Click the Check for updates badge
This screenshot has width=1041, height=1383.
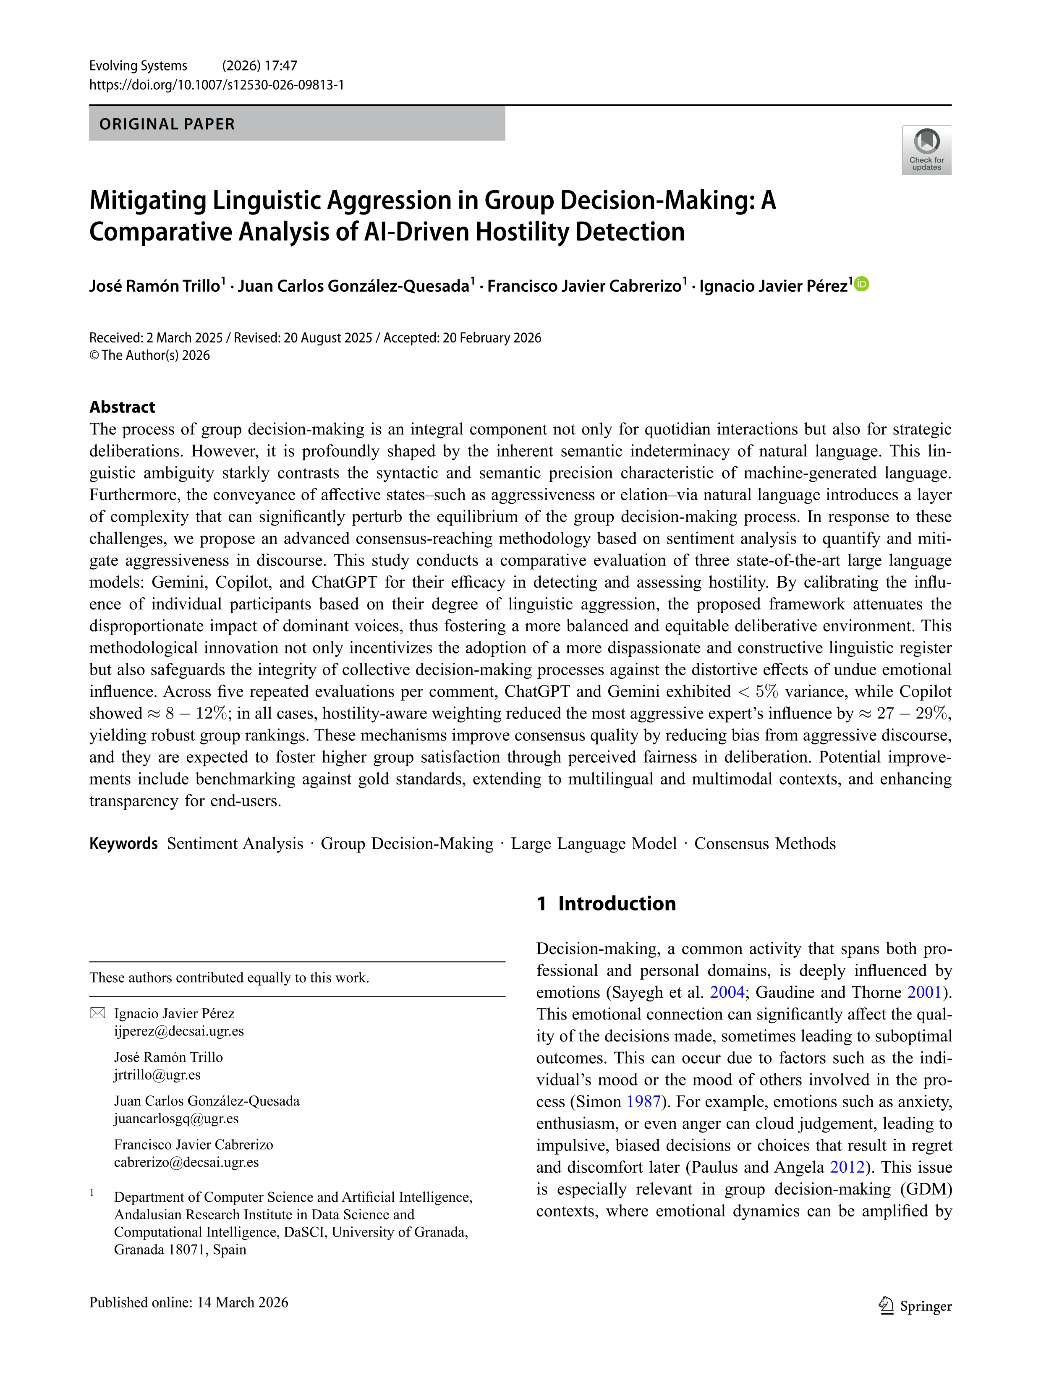(x=926, y=150)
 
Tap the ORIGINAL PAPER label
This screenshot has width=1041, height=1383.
(x=167, y=124)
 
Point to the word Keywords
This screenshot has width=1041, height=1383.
(x=123, y=843)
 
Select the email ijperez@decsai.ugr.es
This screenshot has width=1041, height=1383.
(x=179, y=1031)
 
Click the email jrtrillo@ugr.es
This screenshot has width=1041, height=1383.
(x=157, y=1075)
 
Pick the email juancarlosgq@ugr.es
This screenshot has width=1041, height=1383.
(x=176, y=1119)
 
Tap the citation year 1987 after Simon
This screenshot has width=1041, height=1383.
(x=643, y=1102)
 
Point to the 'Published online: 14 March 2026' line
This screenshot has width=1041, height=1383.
(x=189, y=1302)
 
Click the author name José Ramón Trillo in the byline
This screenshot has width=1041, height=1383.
(x=154, y=286)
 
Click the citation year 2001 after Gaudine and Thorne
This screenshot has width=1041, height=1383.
(x=924, y=992)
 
